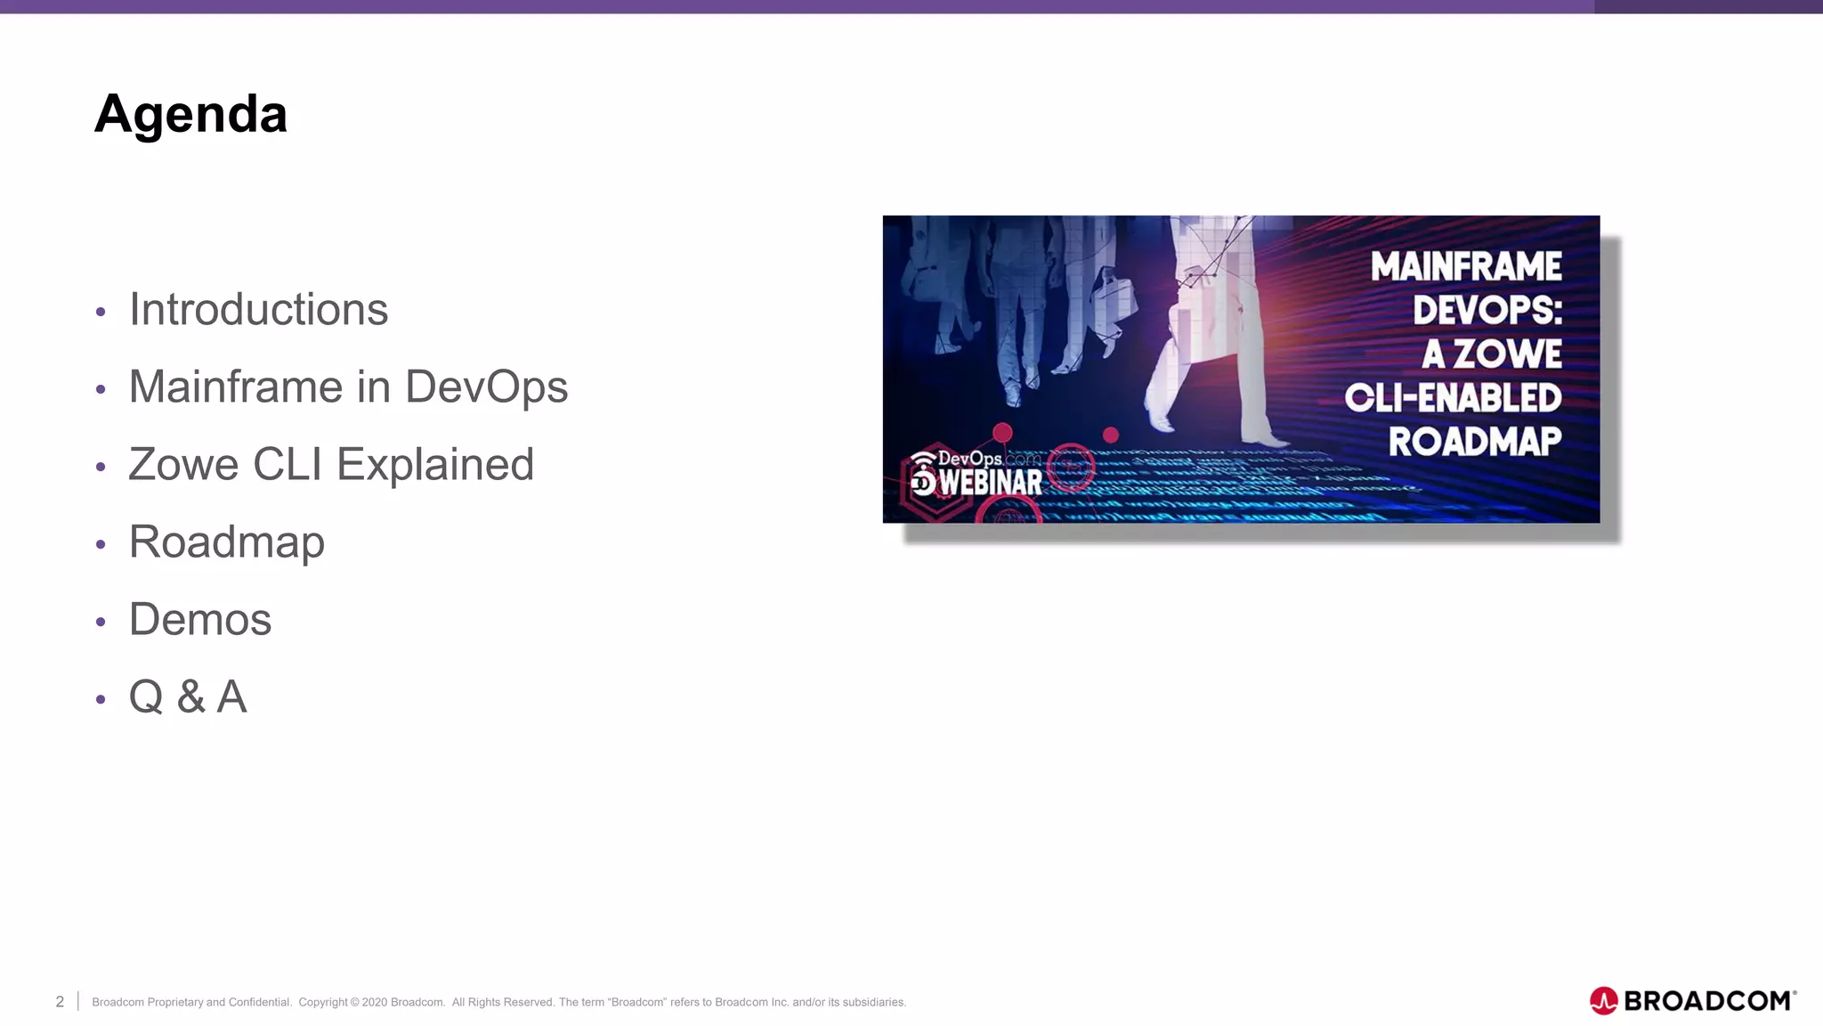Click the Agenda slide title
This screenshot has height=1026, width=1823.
click(190, 114)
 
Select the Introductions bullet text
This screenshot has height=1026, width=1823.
click(258, 310)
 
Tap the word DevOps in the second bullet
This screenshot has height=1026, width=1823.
click(486, 387)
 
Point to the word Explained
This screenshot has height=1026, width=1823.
click(434, 465)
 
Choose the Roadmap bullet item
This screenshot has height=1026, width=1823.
click(227, 542)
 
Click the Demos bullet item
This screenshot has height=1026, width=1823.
click(200, 620)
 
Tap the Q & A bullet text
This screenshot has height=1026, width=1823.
click(188, 697)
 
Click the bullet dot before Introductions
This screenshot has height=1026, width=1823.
click(101, 312)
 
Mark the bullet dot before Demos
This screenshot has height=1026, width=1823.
click(101, 622)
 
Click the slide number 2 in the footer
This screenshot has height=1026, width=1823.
click(60, 1002)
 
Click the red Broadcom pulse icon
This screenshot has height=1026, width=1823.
click(1603, 1001)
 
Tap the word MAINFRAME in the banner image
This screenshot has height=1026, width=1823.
click(1466, 266)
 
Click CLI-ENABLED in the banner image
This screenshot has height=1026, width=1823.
click(1453, 398)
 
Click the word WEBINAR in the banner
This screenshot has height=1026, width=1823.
click(991, 483)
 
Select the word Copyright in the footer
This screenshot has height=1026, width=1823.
click(323, 1002)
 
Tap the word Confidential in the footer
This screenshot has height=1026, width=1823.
click(260, 1002)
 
